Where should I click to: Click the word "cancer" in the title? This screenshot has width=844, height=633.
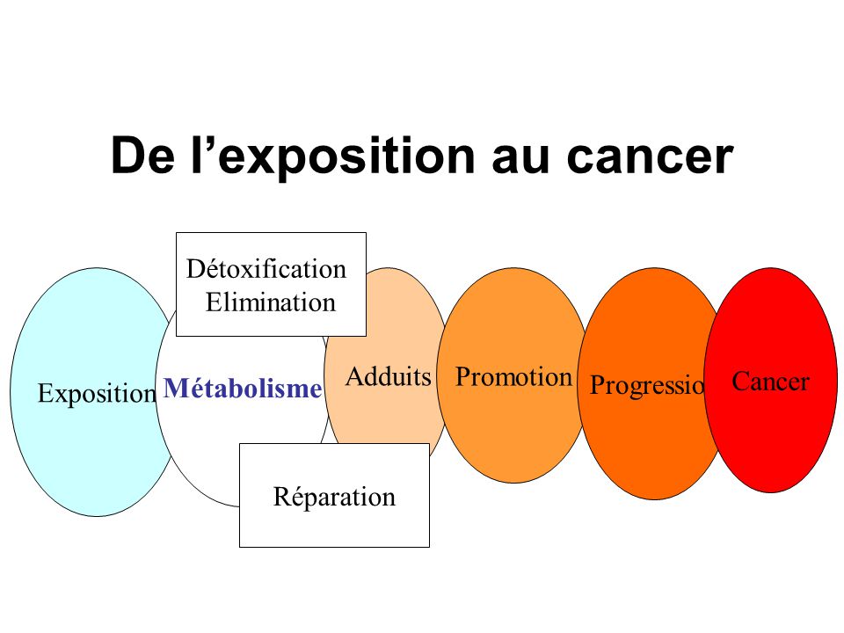pyautogui.click(x=650, y=156)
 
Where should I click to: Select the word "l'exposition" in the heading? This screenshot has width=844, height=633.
pyautogui.click(x=333, y=156)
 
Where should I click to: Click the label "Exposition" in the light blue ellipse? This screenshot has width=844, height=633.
pyautogui.click(x=97, y=394)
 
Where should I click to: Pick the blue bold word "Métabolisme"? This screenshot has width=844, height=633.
pyautogui.click(x=243, y=388)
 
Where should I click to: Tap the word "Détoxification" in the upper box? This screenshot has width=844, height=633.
pyautogui.click(x=266, y=269)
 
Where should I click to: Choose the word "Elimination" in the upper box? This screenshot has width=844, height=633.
pyautogui.click(x=271, y=302)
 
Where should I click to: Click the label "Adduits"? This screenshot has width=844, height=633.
pyautogui.click(x=388, y=376)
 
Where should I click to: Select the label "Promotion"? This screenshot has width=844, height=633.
pyautogui.click(x=513, y=376)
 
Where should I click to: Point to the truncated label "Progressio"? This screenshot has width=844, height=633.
pyautogui.click(x=647, y=385)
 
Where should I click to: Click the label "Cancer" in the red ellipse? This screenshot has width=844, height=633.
pyautogui.click(x=771, y=382)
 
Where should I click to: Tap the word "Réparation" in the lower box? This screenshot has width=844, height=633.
pyautogui.click(x=334, y=496)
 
